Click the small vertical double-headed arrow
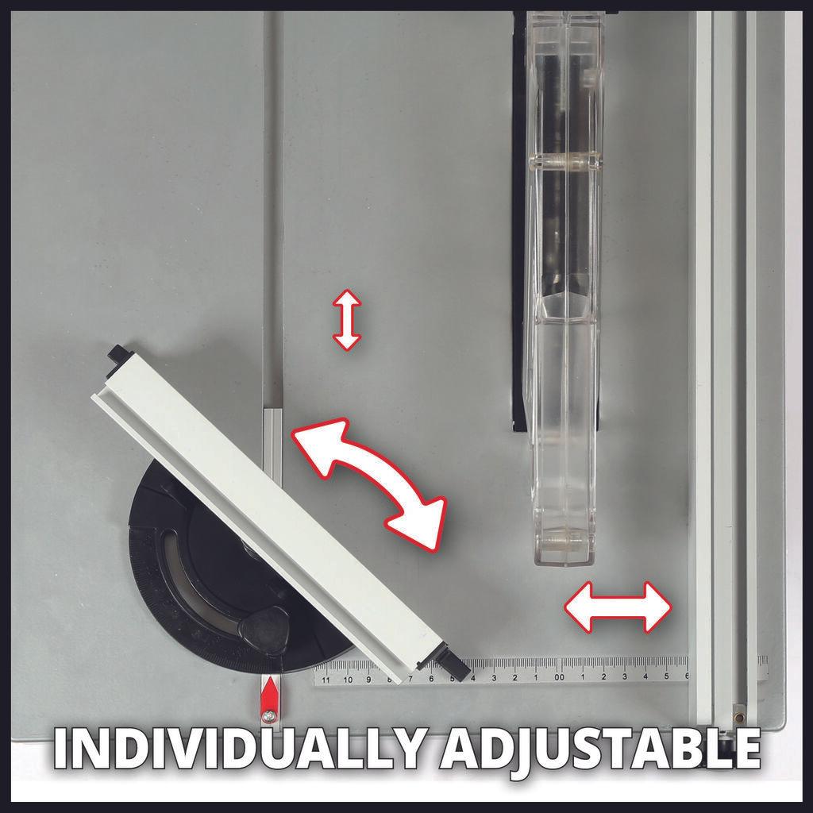pos(346,320)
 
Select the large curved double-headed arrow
pos(368,483)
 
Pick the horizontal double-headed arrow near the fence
pos(618,607)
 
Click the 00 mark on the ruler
pos(559,677)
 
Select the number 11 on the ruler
pos(326,679)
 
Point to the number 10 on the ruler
pos(347,679)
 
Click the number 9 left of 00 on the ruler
pos(368,679)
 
